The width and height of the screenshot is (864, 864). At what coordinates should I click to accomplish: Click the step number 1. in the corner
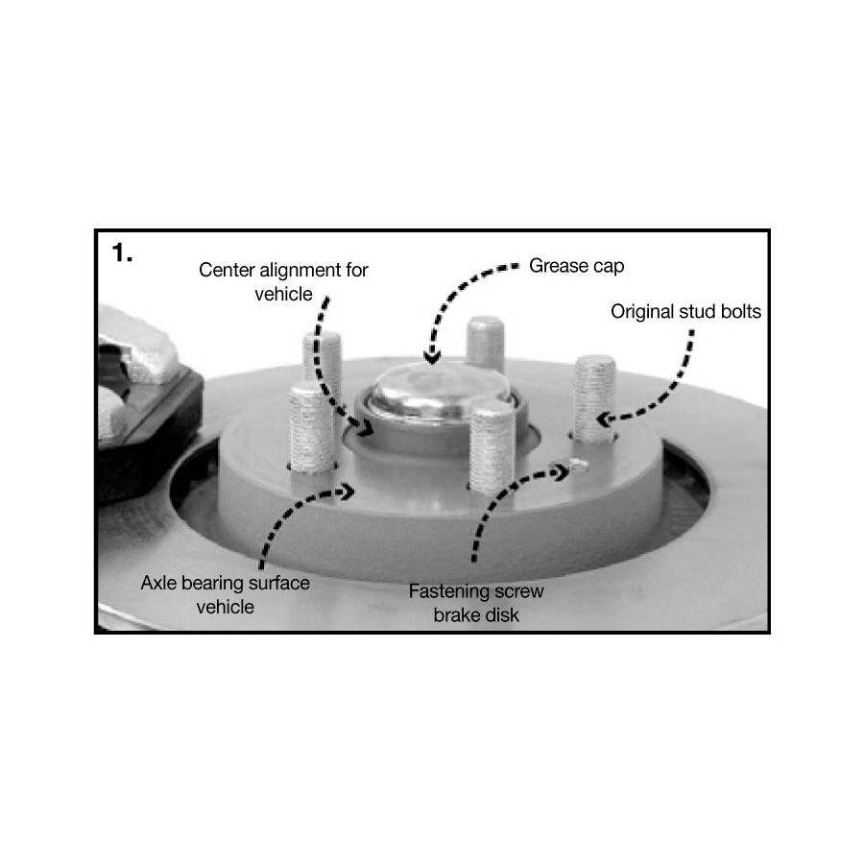tap(122, 252)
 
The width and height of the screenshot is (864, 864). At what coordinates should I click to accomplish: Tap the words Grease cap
tap(576, 266)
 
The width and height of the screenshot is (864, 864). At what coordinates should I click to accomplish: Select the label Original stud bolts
tap(685, 312)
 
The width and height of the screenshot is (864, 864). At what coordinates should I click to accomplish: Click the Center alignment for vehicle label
tap(283, 281)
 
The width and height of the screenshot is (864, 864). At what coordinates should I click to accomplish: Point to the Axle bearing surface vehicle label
tap(225, 594)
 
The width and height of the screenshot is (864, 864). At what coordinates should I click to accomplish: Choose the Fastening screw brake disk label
tap(476, 603)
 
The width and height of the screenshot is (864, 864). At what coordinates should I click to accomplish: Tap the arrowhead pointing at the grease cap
tap(433, 358)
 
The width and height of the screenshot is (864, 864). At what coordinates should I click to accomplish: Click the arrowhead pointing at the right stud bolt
tap(605, 420)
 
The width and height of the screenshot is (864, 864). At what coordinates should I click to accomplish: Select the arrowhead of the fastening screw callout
tap(562, 472)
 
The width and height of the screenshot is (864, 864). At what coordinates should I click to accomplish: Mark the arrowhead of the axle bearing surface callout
tap(348, 491)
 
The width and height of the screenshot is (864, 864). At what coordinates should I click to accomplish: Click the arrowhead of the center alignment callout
tap(364, 427)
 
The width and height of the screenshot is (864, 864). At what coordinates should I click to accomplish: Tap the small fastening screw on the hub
tap(579, 465)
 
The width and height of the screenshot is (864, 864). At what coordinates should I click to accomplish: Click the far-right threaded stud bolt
tap(594, 398)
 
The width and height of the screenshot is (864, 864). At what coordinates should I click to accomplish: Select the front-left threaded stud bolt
tap(311, 428)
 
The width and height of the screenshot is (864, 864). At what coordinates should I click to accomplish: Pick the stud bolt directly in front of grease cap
tap(492, 447)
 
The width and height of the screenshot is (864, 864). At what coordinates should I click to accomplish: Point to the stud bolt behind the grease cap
tap(485, 344)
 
